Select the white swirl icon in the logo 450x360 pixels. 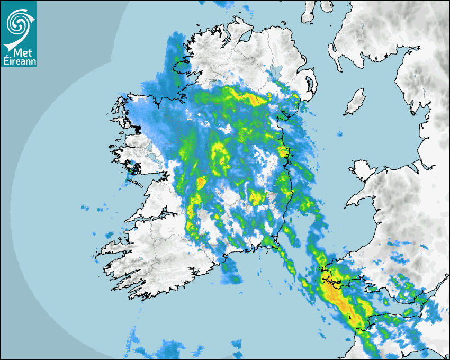19,24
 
